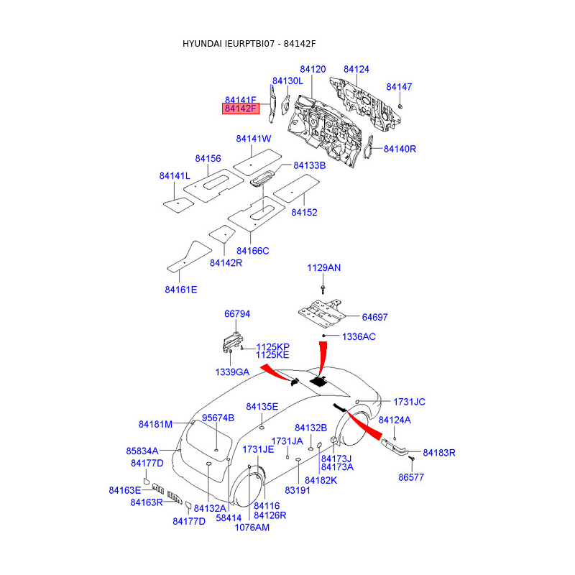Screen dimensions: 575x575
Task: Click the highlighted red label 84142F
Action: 241,109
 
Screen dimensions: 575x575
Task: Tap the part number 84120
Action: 313,69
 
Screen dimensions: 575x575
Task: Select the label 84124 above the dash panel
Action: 356,69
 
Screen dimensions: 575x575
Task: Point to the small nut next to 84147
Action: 400,106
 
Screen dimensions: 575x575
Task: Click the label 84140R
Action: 400,149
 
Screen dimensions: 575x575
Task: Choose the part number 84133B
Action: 310,166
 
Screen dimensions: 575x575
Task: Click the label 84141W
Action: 254,139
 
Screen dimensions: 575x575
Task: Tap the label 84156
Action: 208,159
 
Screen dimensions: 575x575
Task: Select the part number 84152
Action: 304,213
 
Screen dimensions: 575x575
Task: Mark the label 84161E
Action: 181,290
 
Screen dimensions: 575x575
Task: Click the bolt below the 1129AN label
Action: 323,289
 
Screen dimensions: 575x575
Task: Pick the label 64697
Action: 374,318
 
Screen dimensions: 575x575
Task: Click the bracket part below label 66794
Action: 232,342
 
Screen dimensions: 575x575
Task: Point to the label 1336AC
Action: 359,337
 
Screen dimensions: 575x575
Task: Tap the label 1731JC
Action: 409,402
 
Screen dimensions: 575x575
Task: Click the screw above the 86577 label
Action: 411,459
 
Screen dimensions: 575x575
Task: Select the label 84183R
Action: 439,454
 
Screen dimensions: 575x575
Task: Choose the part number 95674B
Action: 218,418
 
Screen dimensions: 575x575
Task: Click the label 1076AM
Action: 252,528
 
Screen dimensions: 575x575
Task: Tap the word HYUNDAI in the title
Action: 202,44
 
